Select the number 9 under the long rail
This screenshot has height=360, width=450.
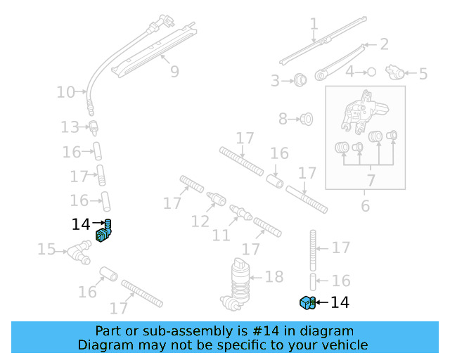pyautogui.click(x=174, y=71)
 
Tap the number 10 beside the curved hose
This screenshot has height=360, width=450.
pyautogui.click(x=65, y=91)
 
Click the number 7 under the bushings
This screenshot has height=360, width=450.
pyautogui.click(x=371, y=181)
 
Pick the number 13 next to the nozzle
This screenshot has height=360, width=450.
pyautogui.click(x=70, y=127)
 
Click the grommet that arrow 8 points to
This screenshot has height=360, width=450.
pyautogui.click(x=306, y=120)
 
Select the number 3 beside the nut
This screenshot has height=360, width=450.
pyautogui.click(x=275, y=81)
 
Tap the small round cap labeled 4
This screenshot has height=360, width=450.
pyautogui.click(x=372, y=72)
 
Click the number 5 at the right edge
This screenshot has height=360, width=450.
pyautogui.click(x=423, y=73)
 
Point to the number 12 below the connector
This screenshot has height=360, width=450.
pyautogui.click(x=200, y=221)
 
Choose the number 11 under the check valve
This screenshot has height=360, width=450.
pyautogui.click(x=221, y=235)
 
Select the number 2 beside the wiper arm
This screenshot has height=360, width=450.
pyautogui.click(x=384, y=44)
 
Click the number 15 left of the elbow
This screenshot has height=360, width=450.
pyautogui.click(x=46, y=249)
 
